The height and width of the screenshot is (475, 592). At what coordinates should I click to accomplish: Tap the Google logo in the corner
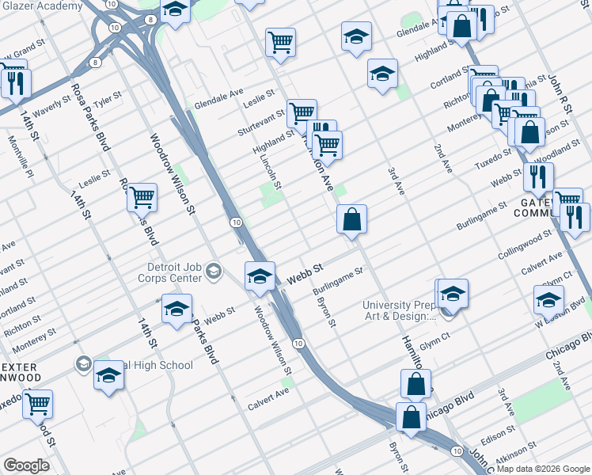(x=26, y=465)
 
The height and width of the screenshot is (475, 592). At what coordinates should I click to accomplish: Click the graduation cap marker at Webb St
(x=260, y=276)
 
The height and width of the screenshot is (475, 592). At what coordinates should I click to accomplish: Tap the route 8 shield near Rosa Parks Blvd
(x=95, y=61)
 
